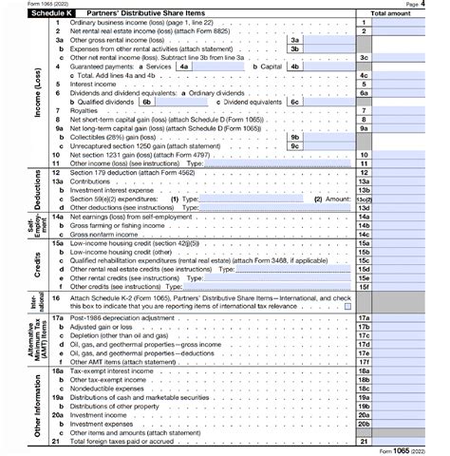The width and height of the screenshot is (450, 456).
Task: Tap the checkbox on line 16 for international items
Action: click(347, 305)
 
